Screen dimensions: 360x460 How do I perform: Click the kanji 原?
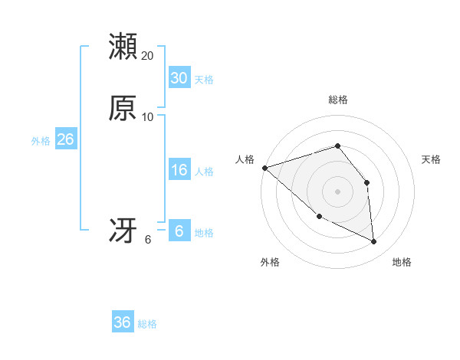123,108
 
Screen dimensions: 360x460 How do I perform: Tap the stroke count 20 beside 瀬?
148,55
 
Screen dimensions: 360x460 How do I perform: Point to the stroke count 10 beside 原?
148,116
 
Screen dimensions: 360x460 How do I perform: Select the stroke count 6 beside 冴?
148,239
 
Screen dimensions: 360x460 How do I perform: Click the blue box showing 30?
179,78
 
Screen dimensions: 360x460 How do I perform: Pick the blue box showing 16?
179,170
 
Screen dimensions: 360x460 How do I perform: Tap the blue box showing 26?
65,139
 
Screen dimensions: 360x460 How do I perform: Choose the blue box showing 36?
123,322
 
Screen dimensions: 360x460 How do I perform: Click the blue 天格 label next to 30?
204,80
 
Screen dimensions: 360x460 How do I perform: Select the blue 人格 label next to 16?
204,172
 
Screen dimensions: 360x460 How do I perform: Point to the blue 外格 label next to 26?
41,141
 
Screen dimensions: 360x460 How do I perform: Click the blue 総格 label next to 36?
148,324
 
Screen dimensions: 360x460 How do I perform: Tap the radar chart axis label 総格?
338,100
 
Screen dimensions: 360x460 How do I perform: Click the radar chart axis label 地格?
402,262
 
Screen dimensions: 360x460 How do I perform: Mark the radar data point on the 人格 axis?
264,168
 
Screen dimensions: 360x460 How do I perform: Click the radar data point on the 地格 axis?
374,242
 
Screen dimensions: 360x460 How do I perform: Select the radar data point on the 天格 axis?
367,182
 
